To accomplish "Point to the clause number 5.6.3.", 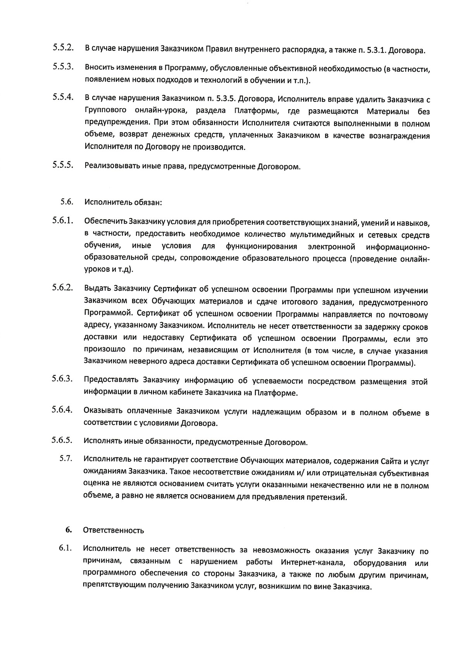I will (x=63, y=378).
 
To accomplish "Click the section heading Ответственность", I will (x=114, y=531).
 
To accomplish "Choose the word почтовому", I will (x=408, y=315).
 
